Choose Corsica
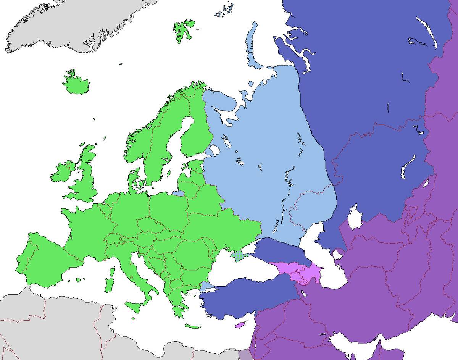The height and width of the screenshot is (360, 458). [x=112, y=272]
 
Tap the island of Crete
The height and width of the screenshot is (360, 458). [x=193, y=326]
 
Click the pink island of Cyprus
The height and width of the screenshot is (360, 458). [x=240, y=325]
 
